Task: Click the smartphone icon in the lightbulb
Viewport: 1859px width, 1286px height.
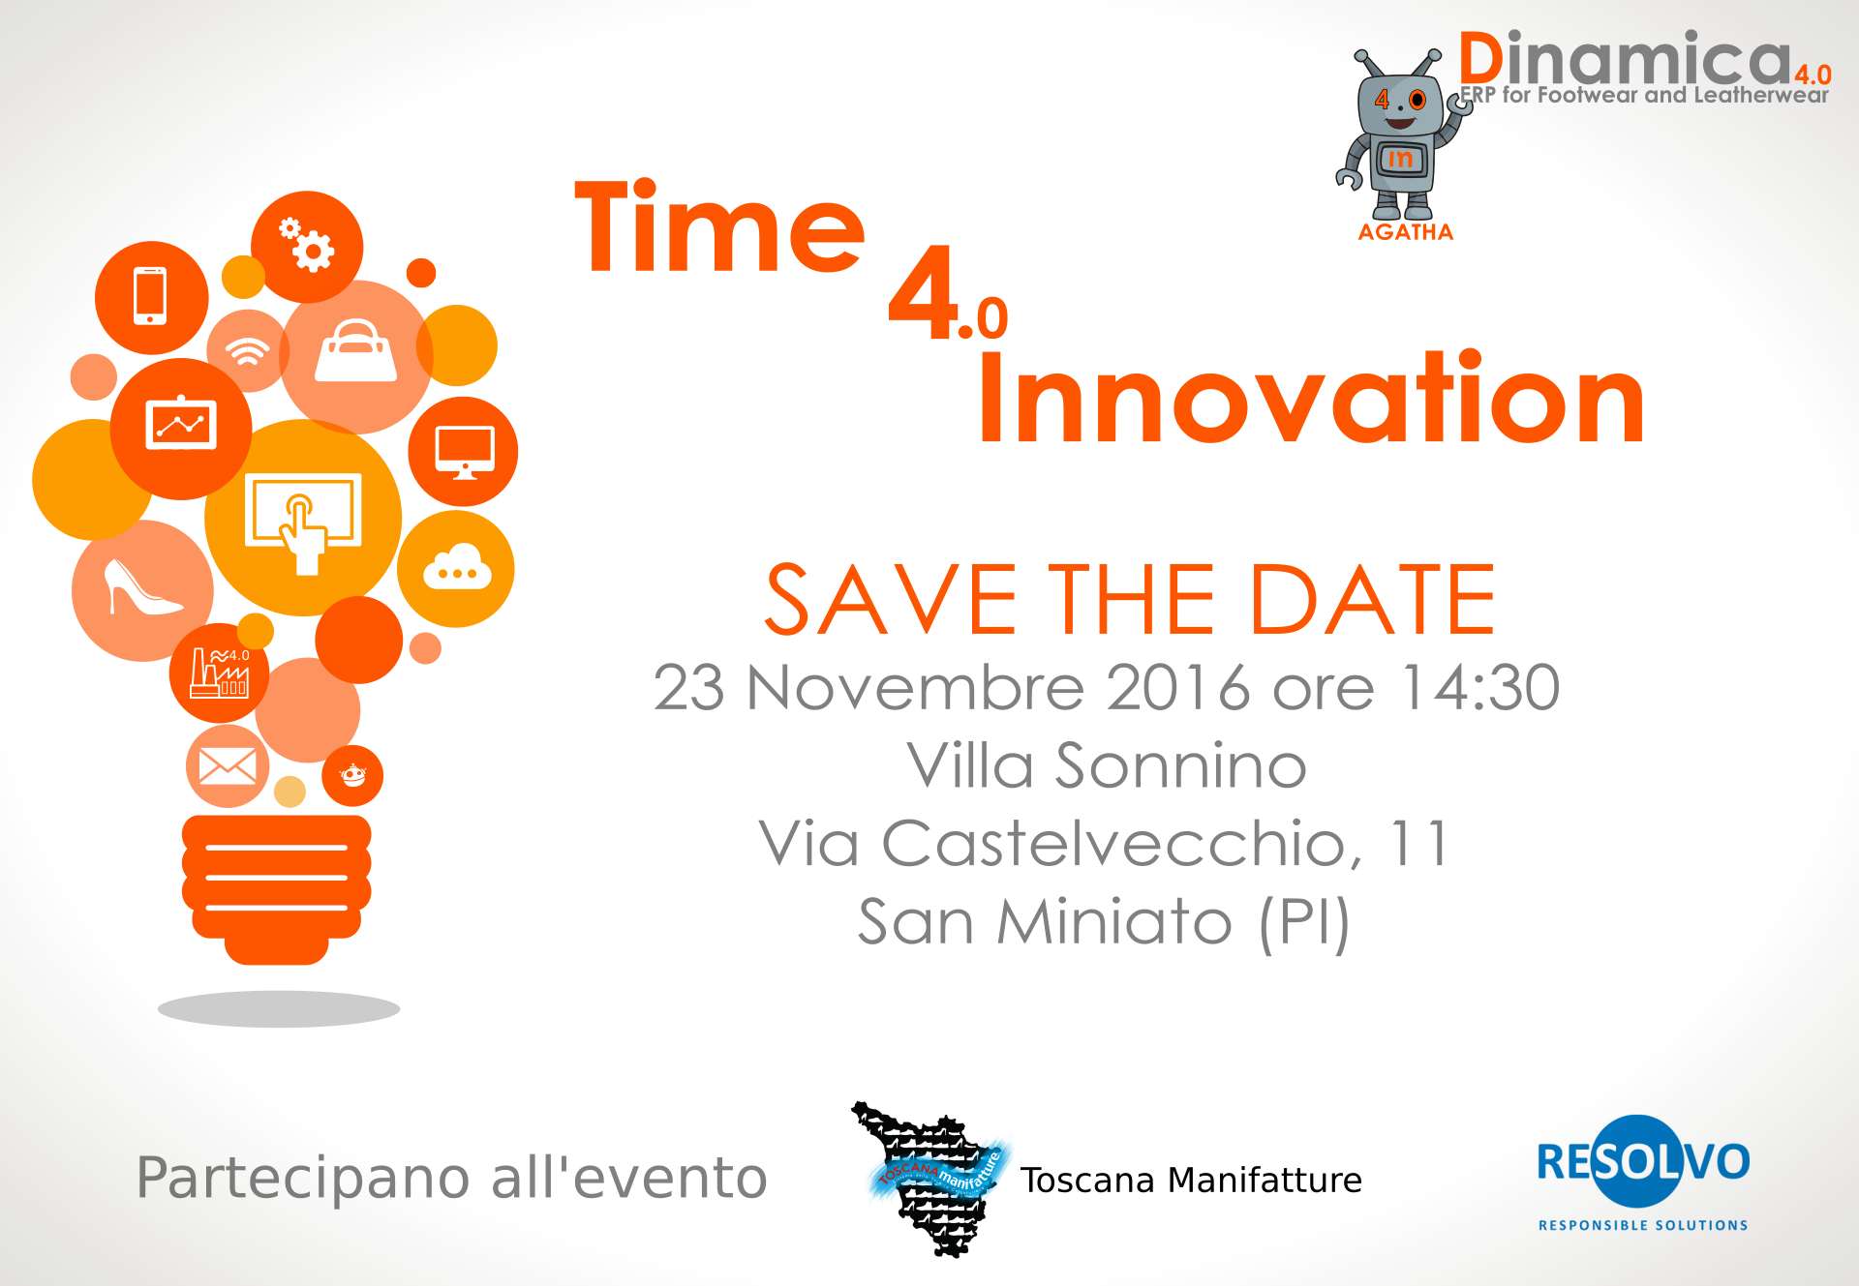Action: (x=150, y=295)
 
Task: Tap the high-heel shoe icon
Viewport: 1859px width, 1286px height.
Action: (x=141, y=586)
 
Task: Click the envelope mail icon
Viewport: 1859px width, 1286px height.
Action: (x=228, y=766)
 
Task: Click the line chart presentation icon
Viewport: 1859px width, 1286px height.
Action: (x=181, y=424)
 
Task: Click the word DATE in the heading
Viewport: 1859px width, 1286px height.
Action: (x=1373, y=600)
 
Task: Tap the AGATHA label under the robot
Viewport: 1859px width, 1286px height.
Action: (x=1406, y=232)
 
